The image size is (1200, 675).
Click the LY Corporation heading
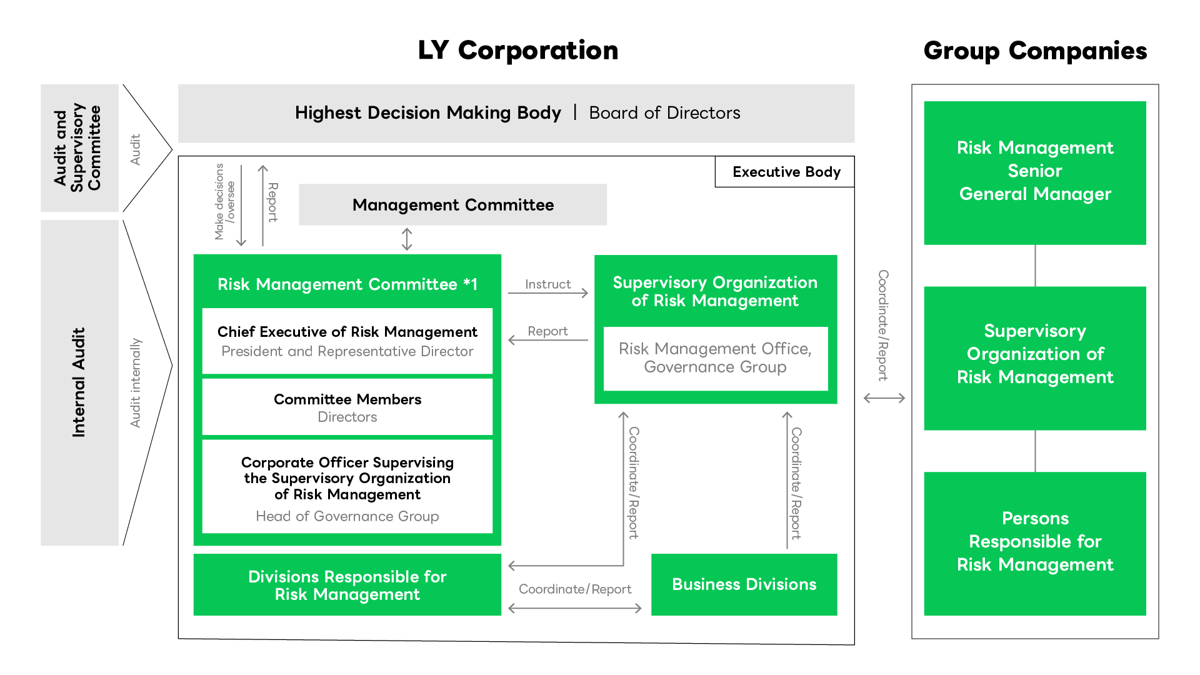pos(517,51)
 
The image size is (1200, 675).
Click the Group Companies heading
pos(1035,51)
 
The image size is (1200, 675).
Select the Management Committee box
pos(452,205)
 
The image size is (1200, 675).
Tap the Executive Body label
pos(786,172)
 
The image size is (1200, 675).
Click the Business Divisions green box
pos(744,584)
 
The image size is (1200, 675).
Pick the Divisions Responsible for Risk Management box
pos(347,585)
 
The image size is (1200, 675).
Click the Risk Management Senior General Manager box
pos(1035,172)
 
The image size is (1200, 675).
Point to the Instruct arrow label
pos(547,284)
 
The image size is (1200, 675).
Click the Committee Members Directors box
pos(347,407)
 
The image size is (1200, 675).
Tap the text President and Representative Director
pos(347,351)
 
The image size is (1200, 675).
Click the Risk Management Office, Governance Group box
pos(715,357)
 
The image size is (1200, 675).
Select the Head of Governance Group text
pos(347,516)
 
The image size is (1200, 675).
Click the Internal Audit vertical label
pos(79,382)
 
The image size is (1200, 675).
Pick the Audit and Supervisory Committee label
pos(77,147)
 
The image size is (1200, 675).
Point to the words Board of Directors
pos(664,113)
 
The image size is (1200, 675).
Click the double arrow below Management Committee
pos(407,239)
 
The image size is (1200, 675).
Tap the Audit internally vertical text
pos(136,382)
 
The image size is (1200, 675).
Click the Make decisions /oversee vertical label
pos(224,201)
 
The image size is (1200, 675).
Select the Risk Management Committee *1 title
pos(347,284)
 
